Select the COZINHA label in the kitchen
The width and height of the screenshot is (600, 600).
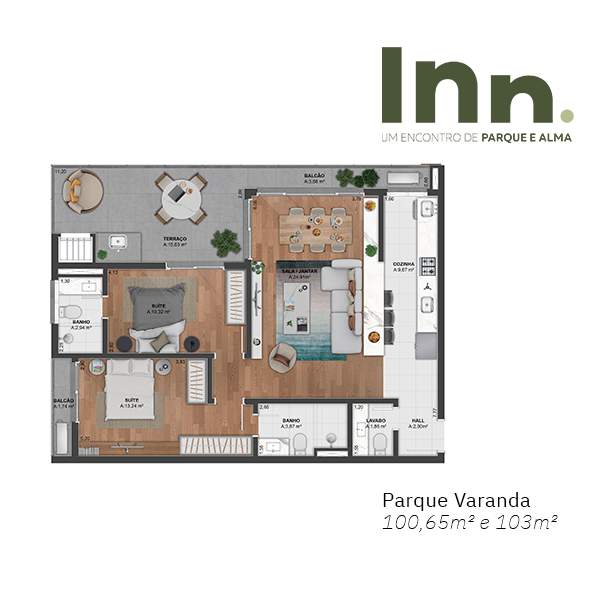click(x=404, y=264)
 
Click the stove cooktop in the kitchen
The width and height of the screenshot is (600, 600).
click(x=427, y=266)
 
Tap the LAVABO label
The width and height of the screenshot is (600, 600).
click(x=376, y=421)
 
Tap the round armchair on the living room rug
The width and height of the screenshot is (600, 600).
click(x=283, y=355)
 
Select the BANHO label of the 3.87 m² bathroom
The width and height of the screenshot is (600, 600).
click(x=291, y=421)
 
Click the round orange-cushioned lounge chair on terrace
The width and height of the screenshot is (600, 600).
click(x=84, y=188)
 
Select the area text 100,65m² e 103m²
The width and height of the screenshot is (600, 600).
click(x=469, y=521)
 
